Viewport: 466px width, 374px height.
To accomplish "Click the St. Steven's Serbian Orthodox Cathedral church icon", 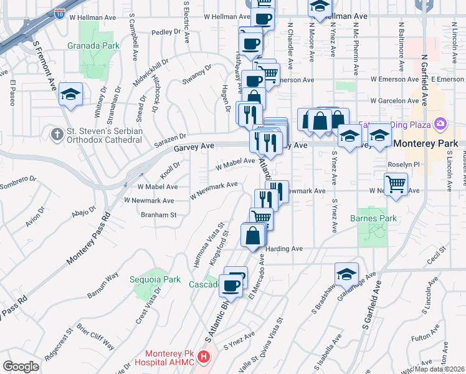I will click(57, 133).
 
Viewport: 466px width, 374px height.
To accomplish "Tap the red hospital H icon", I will click(203, 357).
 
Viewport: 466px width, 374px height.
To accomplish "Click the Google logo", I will click(21, 367).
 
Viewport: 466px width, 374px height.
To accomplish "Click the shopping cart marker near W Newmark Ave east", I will click(396, 185).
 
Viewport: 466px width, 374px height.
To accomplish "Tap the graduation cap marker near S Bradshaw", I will click(346, 274).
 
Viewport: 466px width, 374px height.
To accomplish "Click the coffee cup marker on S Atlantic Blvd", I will click(231, 285).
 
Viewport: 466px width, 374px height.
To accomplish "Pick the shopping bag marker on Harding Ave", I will click(253, 236).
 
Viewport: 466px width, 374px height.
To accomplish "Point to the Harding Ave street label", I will click(283, 249).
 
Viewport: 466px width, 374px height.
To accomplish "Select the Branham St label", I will click(158, 214).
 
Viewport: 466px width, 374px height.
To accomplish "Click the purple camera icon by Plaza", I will click(440, 124).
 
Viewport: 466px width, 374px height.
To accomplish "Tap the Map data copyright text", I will click(435, 369).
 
